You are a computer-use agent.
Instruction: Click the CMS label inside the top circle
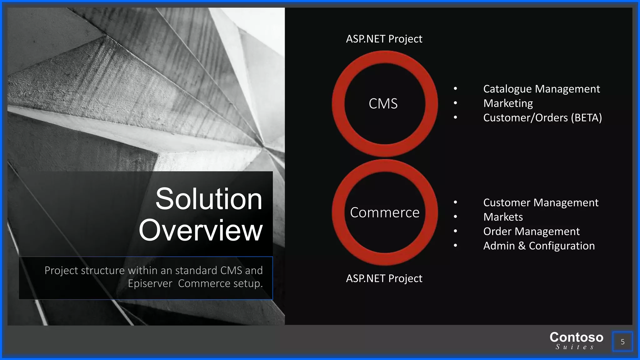point(383,104)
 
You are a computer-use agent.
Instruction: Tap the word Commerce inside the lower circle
point(384,213)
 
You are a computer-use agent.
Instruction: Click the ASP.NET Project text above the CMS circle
point(384,39)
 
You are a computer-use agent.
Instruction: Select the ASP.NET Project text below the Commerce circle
point(384,278)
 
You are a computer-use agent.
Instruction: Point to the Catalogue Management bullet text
point(541,89)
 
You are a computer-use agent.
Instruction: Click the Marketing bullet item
point(508,103)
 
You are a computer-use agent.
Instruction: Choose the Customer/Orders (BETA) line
point(542,118)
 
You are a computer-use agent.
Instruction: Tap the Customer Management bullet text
point(541,203)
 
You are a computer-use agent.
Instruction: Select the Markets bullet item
point(503,217)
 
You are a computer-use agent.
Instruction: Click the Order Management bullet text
point(531,232)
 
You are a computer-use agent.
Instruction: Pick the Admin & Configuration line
point(539,246)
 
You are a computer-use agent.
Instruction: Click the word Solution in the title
point(209,199)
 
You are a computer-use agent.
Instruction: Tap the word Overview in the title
point(201,231)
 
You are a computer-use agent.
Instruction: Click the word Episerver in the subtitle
point(150,284)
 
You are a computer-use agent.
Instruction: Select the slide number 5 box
point(622,342)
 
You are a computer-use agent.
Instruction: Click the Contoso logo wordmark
point(576,337)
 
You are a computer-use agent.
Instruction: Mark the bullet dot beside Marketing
point(455,103)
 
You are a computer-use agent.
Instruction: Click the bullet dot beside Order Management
point(455,231)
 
